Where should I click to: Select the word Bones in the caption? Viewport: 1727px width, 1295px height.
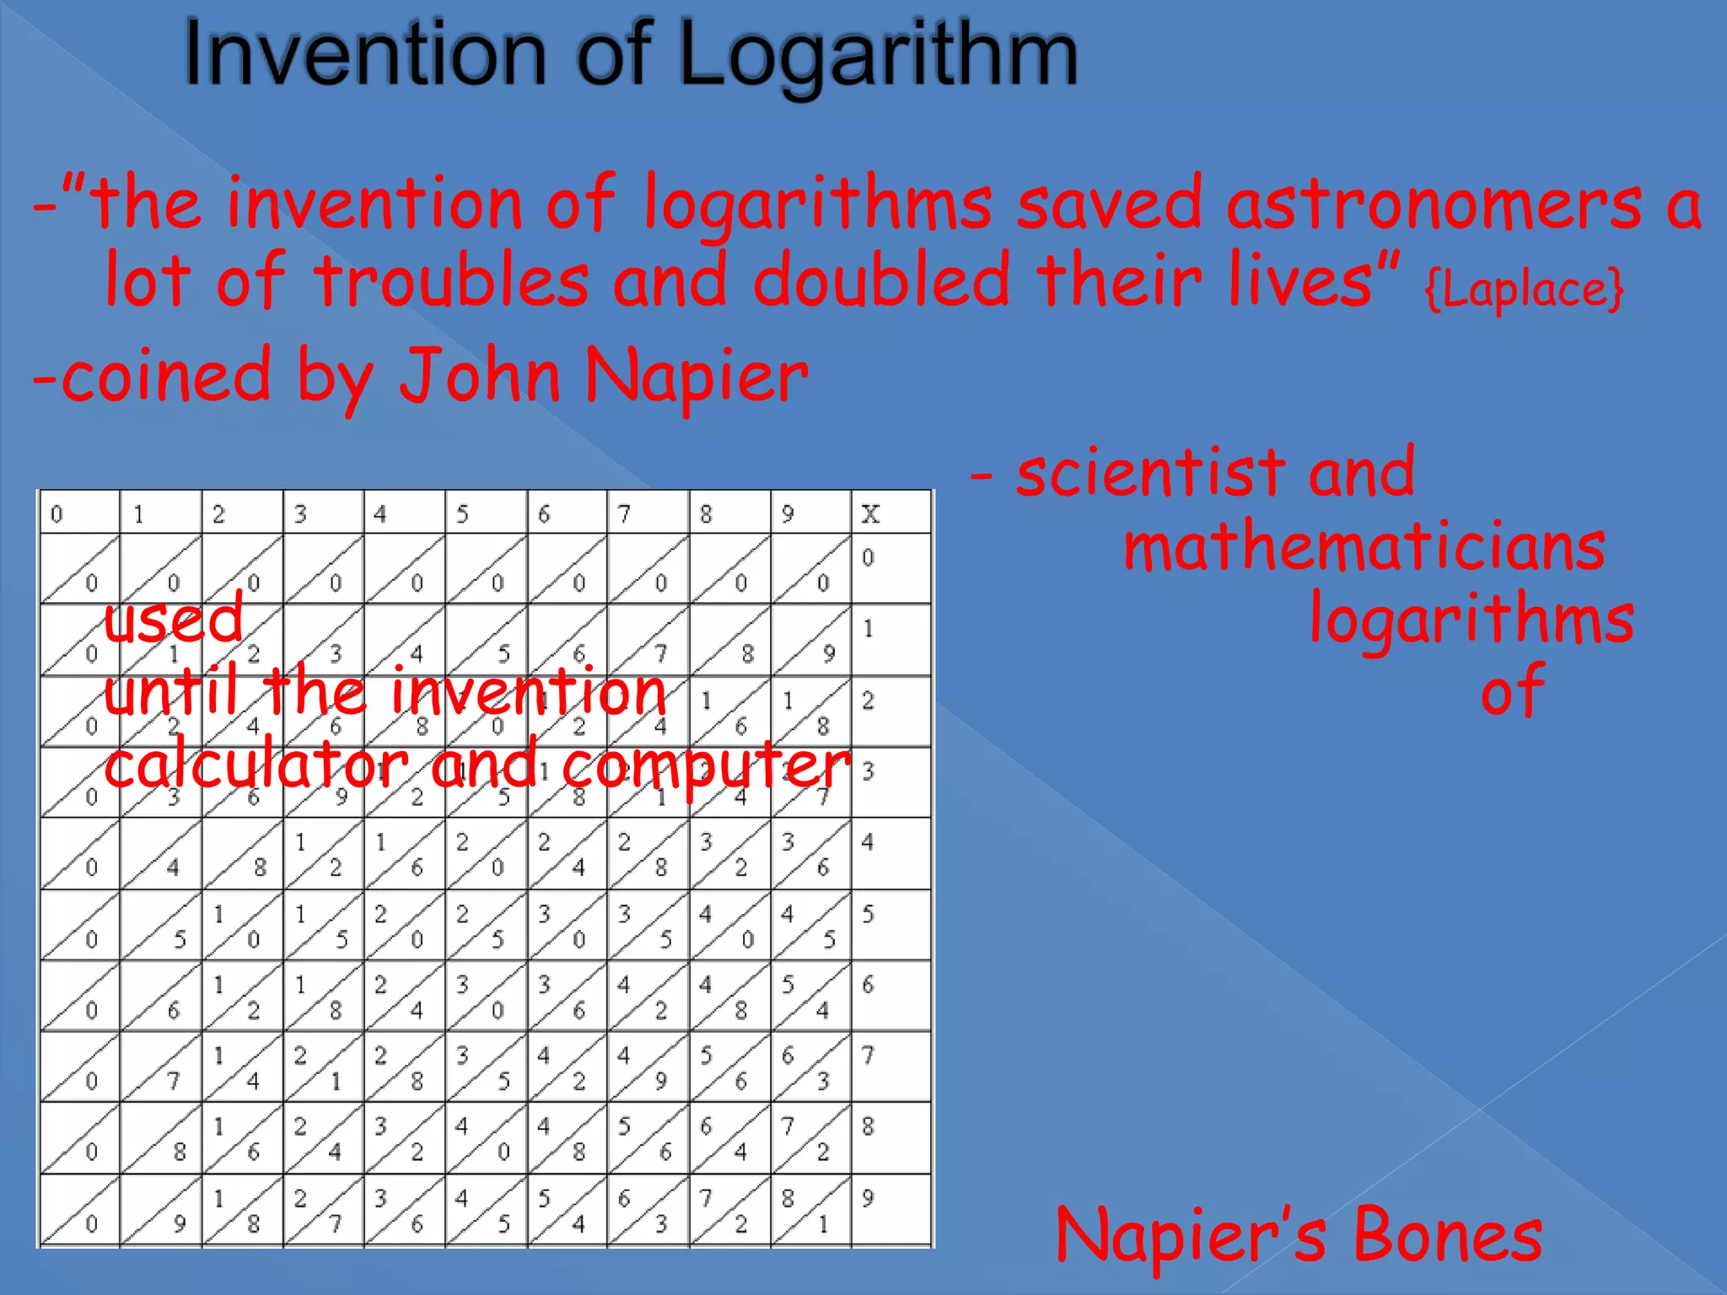coord(1447,1235)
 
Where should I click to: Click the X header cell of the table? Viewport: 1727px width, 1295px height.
coord(870,513)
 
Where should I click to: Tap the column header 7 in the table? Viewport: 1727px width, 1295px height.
coord(625,513)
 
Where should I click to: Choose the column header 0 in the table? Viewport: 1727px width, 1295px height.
coord(56,513)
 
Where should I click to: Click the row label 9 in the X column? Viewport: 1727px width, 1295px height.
coord(869,1198)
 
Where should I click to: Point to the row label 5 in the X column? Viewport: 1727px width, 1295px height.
coord(869,914)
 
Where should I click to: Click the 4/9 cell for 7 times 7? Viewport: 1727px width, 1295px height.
coord(647,1067)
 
